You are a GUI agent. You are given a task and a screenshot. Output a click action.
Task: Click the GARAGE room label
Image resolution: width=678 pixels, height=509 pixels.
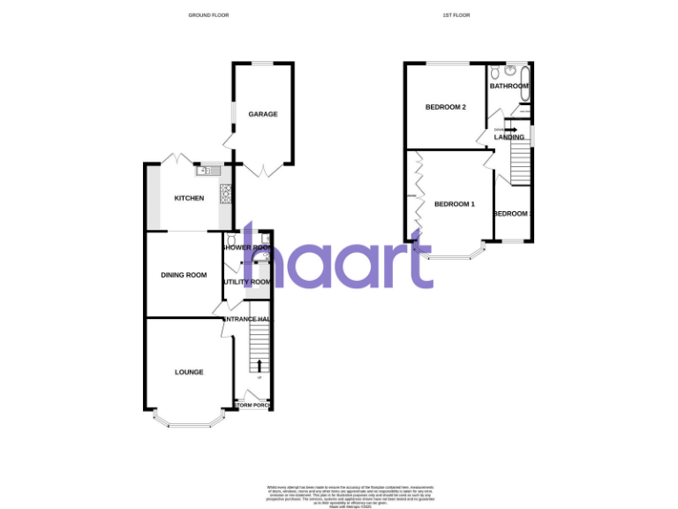pyautogui.click(x=263, y=114)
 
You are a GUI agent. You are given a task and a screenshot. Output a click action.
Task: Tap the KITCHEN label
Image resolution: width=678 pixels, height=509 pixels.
pyautogui.click(x=189, y=198)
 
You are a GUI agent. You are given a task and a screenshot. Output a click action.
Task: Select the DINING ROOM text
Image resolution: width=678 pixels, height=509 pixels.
pyautogui.click(x=184, y=275)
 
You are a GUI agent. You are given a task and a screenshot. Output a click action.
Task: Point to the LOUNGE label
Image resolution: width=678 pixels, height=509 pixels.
pyautogui.click(x=189, y=372)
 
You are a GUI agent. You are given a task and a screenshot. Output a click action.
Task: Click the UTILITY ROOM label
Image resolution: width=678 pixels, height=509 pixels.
pyautogui.click(x=247, y=282)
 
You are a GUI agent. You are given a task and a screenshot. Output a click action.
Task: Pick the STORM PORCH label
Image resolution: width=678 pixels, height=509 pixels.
pyautogui.click(x=252, y=406)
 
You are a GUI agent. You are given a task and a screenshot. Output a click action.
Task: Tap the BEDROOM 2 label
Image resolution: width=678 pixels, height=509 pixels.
pyautogui.click(x=445, y=108)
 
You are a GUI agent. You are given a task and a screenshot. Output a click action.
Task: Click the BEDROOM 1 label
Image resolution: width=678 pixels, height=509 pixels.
pyautogui.click(x=455, y=204)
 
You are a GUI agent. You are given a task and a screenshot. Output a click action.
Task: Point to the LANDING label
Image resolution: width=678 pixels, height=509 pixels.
pyautogui.click(x=509, y=137)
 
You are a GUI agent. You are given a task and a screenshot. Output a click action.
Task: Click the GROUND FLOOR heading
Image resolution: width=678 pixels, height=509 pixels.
pyautogui.click(x=208, y=15)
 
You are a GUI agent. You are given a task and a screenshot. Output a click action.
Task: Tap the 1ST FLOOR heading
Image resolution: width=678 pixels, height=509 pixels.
pyautogui.click(x=455, y=15)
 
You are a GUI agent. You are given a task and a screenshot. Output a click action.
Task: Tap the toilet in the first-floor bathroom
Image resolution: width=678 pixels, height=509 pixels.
pyautogui.click(x=497, y=71)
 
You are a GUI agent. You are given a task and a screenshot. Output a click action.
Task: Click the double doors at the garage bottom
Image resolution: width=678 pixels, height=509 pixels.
pyautogui.click(x=263, y=168)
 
